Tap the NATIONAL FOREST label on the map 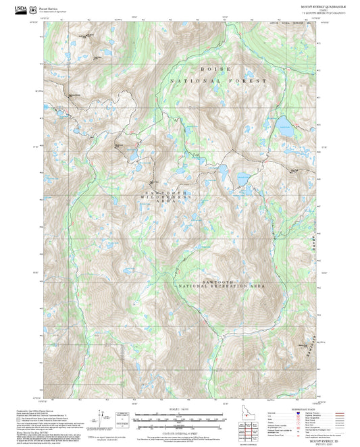pos(219,80)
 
